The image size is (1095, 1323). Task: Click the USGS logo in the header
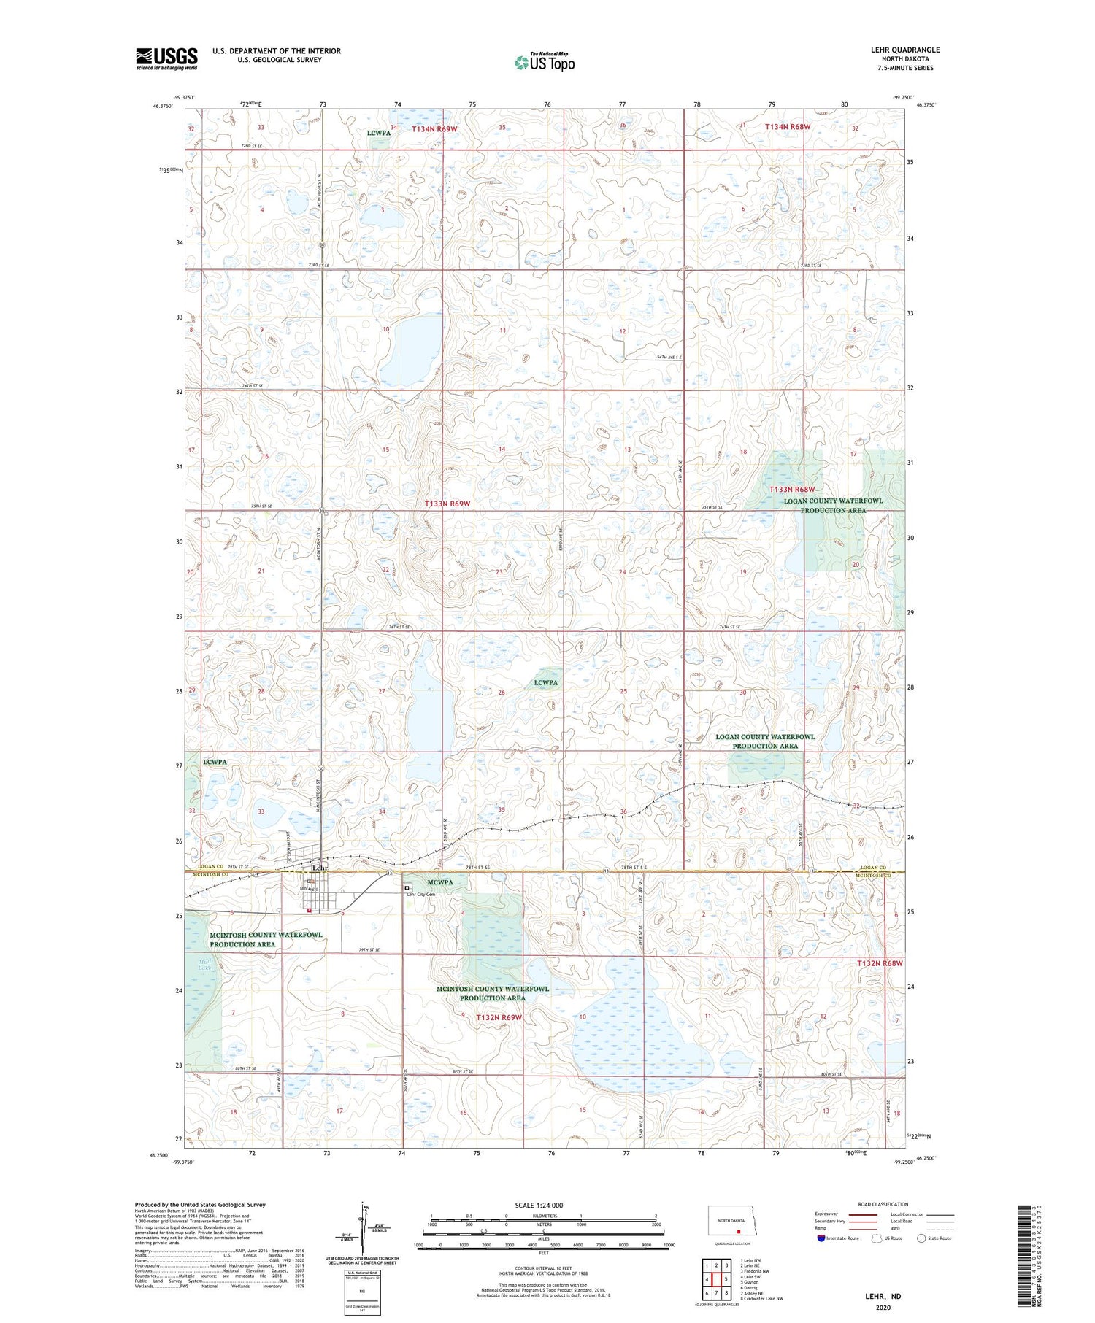point(166,58)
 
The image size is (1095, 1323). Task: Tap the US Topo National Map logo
point(544,63)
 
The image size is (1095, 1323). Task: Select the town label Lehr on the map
point(320,868)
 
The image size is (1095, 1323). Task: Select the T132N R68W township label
point(880,963)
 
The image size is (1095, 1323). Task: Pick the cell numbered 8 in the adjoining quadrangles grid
point(726,1272)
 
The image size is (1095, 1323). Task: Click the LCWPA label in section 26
point(545,683)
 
